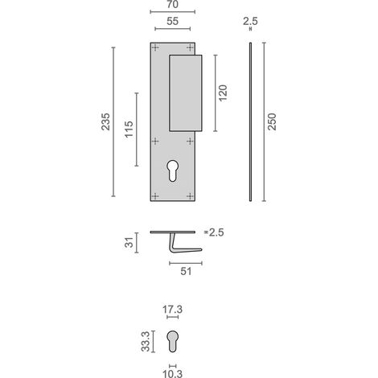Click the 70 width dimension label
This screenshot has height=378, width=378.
point(172,4)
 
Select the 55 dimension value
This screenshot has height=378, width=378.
point(172,21)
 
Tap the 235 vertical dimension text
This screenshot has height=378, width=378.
point(105,121)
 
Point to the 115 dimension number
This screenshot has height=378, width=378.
point(129,129)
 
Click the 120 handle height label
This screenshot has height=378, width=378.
point(223,92)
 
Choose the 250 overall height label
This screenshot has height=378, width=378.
point(272,121)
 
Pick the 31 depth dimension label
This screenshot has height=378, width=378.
point(129,243)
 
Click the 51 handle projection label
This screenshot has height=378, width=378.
point(186,271)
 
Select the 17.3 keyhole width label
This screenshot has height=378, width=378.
point(172,310)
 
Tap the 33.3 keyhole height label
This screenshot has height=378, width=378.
point(146,342)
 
